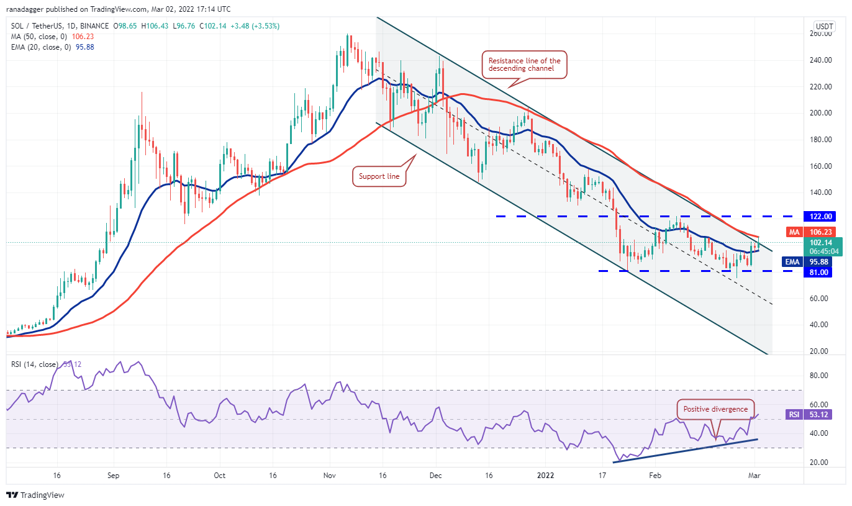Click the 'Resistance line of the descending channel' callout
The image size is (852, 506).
(x=525, y=65)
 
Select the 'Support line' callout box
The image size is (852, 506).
(x=379, y=176)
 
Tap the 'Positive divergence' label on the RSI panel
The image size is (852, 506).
(x=715, y=409)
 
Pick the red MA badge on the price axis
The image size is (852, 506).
(x=794, y=232)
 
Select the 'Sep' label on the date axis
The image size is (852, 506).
(x=113, y=476)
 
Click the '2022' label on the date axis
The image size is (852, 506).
(x=546, y=476)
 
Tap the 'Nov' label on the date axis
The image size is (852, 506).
(x=330, y=476)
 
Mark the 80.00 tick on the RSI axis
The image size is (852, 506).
(x=821, y=375)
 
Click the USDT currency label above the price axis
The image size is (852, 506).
(x=824, y=27)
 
